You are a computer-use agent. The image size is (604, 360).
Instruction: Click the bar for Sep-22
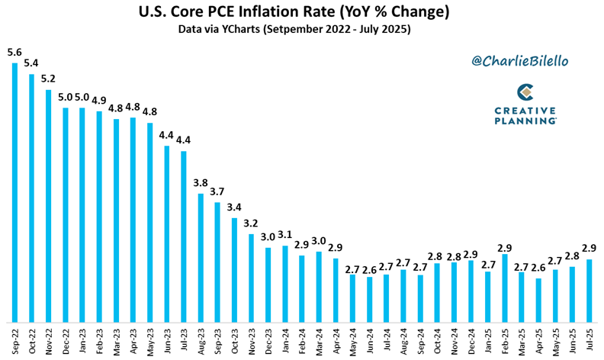click(x=14, y=192)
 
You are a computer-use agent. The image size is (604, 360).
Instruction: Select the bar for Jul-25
click(x=589, y=291)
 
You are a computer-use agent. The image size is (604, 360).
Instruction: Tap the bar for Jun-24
click(x=370, y=299)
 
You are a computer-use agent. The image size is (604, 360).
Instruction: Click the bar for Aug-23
click(x=201, y=258)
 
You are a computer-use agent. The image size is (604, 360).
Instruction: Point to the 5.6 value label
click(x=14, y=53)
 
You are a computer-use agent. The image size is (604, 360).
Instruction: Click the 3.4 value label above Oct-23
click(x=234, y=207)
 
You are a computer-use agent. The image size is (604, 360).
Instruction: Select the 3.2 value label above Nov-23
click(x=251, y=223)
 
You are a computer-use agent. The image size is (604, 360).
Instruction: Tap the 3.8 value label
click(x=201, y=182)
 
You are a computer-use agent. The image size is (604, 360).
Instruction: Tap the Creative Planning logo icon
click(x=525, y=92)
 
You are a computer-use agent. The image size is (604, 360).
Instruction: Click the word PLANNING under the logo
click(x=525, y=121)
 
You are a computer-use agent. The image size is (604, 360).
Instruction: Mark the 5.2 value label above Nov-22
click(x=48, y=79)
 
